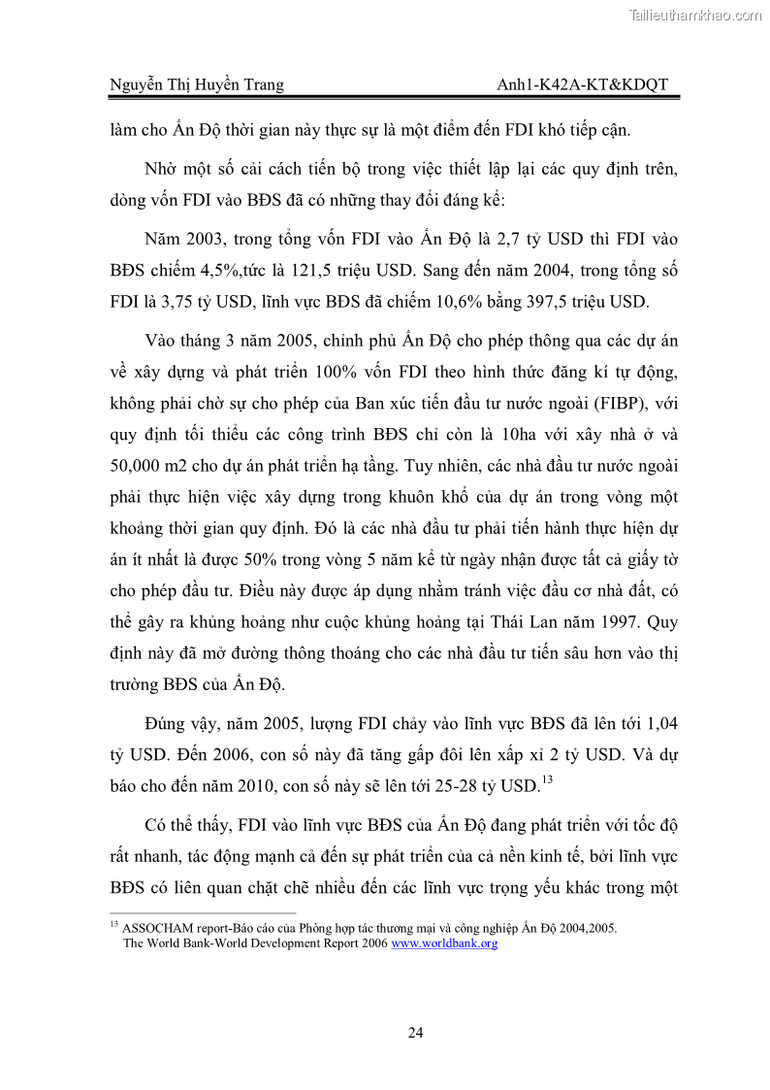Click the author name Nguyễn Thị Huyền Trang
coord(196,84)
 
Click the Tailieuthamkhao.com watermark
coord(695,15)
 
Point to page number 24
coord(415,1032)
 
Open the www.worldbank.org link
coord(444,942)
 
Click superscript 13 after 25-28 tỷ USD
coord(547,778)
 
